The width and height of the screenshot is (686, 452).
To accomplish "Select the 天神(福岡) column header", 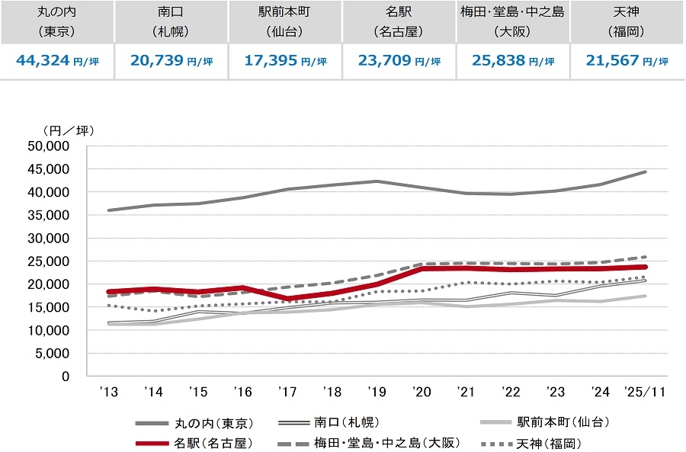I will pos(627,22).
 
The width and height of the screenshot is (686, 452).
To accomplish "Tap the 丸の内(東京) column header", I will pos(56,22).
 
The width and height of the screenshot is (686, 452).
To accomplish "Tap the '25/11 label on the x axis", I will pos(644,392).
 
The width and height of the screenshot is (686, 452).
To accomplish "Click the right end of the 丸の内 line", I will pos(646,172).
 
